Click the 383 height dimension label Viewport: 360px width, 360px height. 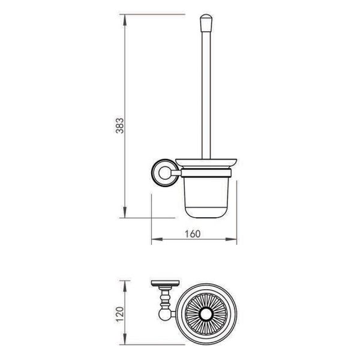119,125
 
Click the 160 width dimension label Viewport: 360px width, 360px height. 193,234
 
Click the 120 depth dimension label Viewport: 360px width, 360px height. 120,314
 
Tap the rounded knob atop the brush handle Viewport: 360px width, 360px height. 206,23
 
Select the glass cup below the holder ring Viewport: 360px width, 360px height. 206,197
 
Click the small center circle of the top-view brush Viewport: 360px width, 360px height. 206,314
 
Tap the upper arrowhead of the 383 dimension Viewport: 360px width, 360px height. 124,20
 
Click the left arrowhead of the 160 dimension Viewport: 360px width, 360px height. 157,239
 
